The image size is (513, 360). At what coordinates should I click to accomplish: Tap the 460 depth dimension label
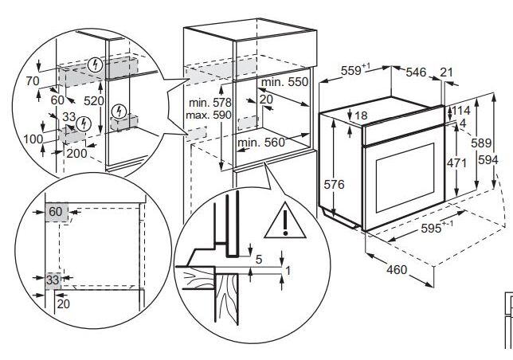click(x=397, y=270)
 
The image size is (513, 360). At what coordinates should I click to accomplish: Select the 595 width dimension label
click(x=431, y=229)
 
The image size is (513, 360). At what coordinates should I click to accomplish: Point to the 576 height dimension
click(x=334, y=185)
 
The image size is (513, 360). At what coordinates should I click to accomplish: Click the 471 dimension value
click(x=456, y=162)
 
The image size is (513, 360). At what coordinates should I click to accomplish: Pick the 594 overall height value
click(x=488, y=160)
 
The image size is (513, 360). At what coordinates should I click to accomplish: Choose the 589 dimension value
click(x=481, y=143)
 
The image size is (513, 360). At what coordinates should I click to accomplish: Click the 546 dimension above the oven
click(x=416, y=72)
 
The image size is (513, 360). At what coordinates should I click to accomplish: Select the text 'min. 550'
click(x=284, y=82)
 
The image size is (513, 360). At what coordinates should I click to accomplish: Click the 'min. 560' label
click(x=261, y=143)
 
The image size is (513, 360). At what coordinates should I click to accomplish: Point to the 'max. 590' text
click(x=209, y=115)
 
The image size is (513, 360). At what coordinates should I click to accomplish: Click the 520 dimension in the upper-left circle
click(x=94, y=101)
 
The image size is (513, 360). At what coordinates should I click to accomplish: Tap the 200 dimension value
click(x=77, y=154)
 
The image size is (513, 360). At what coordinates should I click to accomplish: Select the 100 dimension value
click(x=33, y=139)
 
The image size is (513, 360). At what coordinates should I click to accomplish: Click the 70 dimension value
click(x=33, y=81)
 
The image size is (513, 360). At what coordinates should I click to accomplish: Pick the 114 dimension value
click(x=460, y=111)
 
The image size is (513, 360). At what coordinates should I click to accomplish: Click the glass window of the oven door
click(x=405, y=178)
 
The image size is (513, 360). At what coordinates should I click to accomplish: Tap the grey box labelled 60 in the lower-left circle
click(x=57, y=212)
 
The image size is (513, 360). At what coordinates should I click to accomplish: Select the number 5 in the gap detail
click(x=259, y=260)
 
